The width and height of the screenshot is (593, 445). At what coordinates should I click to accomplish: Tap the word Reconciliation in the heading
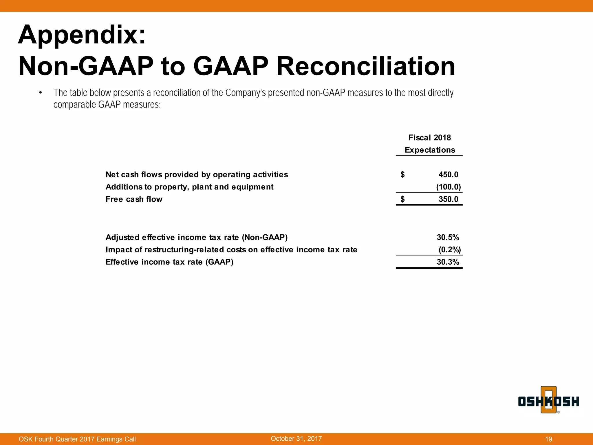click(365, 66)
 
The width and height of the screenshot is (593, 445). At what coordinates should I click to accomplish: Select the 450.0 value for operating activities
click(448, 174)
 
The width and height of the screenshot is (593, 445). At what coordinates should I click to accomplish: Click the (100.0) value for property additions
click(448, 187)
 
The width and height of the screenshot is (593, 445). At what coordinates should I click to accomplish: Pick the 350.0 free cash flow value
click(448, 199)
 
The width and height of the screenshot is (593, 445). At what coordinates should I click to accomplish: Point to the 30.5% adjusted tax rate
click(448, 238)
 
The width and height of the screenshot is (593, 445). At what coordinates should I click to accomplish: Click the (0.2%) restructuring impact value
click(449, 250)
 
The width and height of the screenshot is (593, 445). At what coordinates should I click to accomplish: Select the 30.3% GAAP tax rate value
click(448, 262)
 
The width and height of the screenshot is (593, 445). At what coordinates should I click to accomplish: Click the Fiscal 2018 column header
click(429, 138)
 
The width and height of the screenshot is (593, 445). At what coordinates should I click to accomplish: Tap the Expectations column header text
click(430, 150)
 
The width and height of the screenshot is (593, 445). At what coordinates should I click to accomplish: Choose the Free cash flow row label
click(134, 199)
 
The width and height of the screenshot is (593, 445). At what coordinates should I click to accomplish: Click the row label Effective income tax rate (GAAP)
click(169, 262)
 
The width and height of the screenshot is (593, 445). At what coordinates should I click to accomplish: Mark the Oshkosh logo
click(548, 401)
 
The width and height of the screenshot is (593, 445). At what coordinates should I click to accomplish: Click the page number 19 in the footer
click(548, 439)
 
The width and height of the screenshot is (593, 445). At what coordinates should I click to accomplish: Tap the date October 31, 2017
click(296, 439)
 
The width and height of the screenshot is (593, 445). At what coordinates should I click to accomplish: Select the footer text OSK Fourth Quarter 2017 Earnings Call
click(77, 439)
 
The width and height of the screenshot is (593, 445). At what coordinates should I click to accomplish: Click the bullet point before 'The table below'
click(41, 93)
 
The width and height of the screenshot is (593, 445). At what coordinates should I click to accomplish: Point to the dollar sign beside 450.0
click(402, 174)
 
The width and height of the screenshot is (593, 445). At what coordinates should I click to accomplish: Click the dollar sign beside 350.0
click(402, 199)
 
